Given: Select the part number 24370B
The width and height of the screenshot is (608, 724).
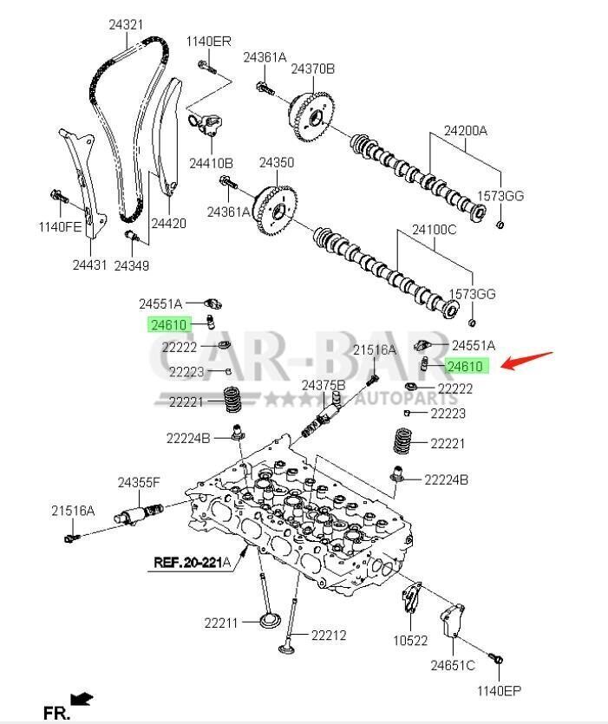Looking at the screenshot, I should (312, 68).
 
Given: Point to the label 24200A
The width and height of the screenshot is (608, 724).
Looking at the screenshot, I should (466, 131).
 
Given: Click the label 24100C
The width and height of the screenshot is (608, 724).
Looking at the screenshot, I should (434, 231).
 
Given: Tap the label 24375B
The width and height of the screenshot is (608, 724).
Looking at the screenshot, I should (324, 384).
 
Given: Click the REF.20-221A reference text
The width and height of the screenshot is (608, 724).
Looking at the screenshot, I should (193, 562).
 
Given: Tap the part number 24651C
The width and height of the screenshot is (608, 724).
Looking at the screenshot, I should (453, 665).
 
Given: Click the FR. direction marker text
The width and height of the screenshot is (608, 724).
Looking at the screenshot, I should (56, 713).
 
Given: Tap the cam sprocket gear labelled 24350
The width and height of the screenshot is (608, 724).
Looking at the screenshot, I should (275, 208).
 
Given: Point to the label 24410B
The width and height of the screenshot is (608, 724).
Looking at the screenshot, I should (212, 162).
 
